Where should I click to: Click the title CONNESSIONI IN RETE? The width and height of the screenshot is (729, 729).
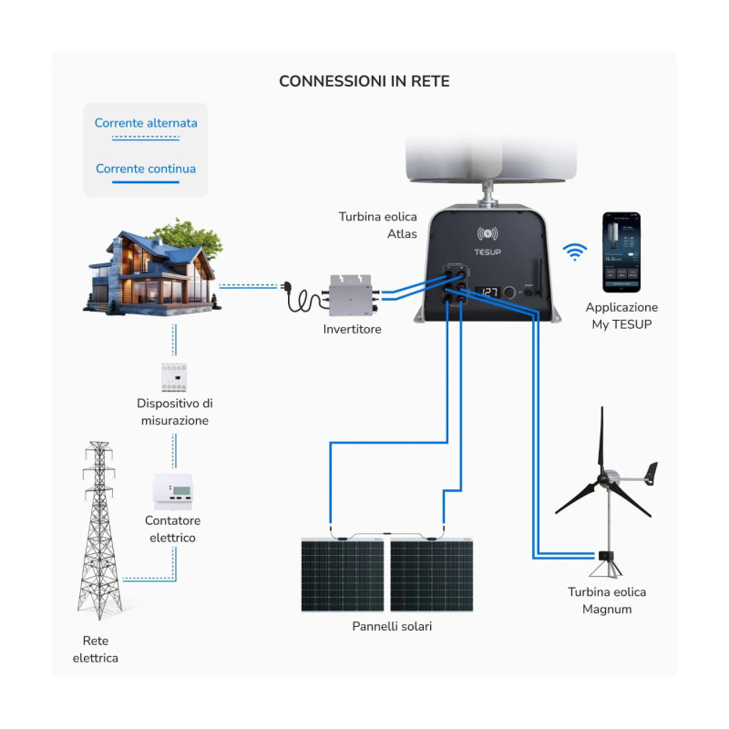(364, 81)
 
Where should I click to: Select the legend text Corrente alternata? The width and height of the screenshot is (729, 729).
(146, 122)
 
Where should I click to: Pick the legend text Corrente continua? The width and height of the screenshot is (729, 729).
(146, 169)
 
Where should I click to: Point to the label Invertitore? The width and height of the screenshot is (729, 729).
(352, 329)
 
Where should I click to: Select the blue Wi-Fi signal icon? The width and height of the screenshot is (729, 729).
(574, 252)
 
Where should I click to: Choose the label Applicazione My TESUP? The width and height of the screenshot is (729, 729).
(621, 316)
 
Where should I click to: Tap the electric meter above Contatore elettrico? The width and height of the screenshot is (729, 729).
(172, 490)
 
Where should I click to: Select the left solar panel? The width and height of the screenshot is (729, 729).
(344, 575)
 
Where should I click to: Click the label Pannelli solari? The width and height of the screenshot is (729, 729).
(392, 627)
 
